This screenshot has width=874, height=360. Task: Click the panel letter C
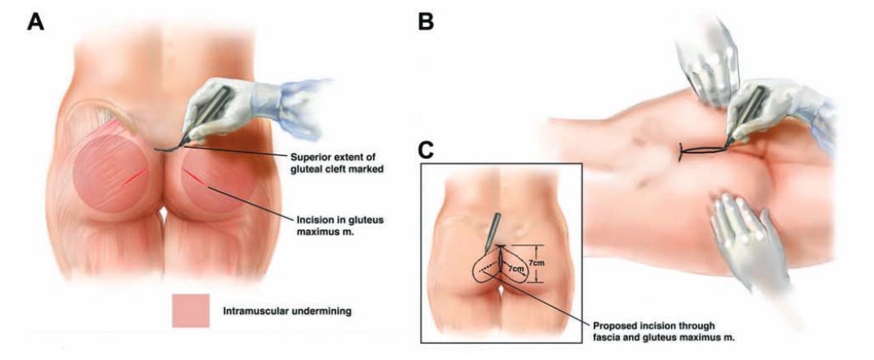pos(429,150)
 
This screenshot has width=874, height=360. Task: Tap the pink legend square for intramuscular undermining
pos(191,311)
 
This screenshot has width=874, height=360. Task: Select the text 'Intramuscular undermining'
pos(287,311)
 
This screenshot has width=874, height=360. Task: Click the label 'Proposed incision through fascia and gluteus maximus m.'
pos(671,330)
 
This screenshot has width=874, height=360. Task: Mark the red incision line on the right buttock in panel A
pos(197,178)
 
